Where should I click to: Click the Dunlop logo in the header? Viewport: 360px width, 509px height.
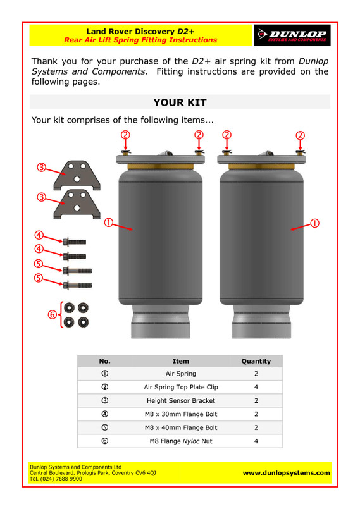[x=292, y=35]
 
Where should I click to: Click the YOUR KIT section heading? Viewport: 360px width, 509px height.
[x=180, y=102]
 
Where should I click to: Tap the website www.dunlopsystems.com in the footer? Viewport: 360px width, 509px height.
[x=286, y=473]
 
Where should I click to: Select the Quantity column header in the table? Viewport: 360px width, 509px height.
[x=256, y=361]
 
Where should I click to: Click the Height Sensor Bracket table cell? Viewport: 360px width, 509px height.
[x=181, y=401]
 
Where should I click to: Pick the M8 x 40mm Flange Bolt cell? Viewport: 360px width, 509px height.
[x=181, y=427]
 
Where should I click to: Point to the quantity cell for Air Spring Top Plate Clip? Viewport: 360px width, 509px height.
[x=256, y=387]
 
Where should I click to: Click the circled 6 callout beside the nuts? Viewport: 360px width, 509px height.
[x=52, y=314]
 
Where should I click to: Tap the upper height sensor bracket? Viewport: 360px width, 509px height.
[x=77, y=175]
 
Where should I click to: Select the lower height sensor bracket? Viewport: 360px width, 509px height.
[x=77, y=204]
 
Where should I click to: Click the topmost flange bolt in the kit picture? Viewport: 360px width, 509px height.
[x=75, y=242]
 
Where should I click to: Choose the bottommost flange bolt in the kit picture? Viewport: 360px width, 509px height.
[x=77, y=286]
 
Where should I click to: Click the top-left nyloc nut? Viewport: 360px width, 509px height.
[x=69, y=307]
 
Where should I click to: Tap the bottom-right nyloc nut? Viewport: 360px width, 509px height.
[x=83, y=322]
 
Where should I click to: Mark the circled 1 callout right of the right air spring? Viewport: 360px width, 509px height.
[x=314, y=223]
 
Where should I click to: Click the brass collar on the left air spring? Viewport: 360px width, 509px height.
[x=161, y=167]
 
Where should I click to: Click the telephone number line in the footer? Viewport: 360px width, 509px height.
[x=56, y=479]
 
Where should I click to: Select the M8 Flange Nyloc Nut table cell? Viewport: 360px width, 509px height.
[x=181, y=441]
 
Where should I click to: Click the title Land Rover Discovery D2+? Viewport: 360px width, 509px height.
[x=140, y=32]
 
